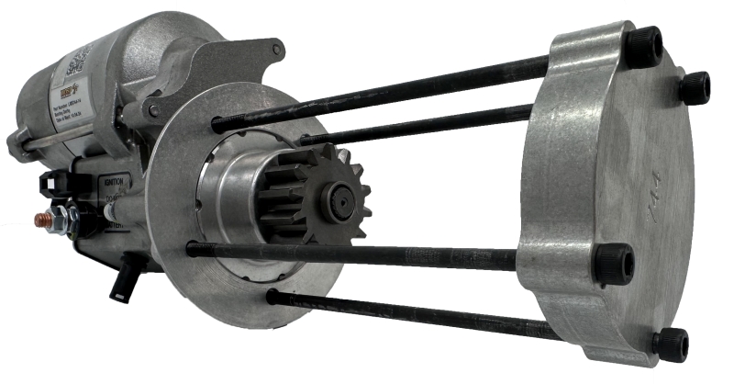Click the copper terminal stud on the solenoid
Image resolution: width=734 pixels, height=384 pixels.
[43, 220]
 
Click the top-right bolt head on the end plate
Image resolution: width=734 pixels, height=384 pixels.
[694, 87]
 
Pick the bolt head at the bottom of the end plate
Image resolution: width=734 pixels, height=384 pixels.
[669, 344]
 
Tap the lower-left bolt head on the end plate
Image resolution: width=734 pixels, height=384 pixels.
[614, 264]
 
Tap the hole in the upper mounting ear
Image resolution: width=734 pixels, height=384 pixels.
[274, 48]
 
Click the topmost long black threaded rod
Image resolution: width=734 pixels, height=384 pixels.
[385, 92]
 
